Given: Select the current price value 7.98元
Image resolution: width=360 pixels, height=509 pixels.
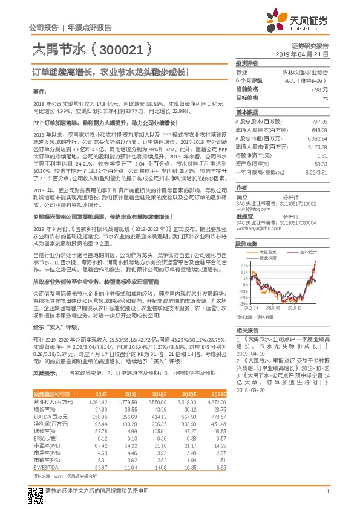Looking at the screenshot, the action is [x=318, y=89].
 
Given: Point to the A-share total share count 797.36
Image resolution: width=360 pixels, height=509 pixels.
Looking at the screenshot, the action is [x=318, y=122].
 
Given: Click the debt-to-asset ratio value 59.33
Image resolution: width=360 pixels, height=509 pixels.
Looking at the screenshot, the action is [x=321, y=164].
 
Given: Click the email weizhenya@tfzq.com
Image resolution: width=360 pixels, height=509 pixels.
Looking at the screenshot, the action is [x=256, y=229].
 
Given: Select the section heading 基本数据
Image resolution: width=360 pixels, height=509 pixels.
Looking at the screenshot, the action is [x=246, y=112].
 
